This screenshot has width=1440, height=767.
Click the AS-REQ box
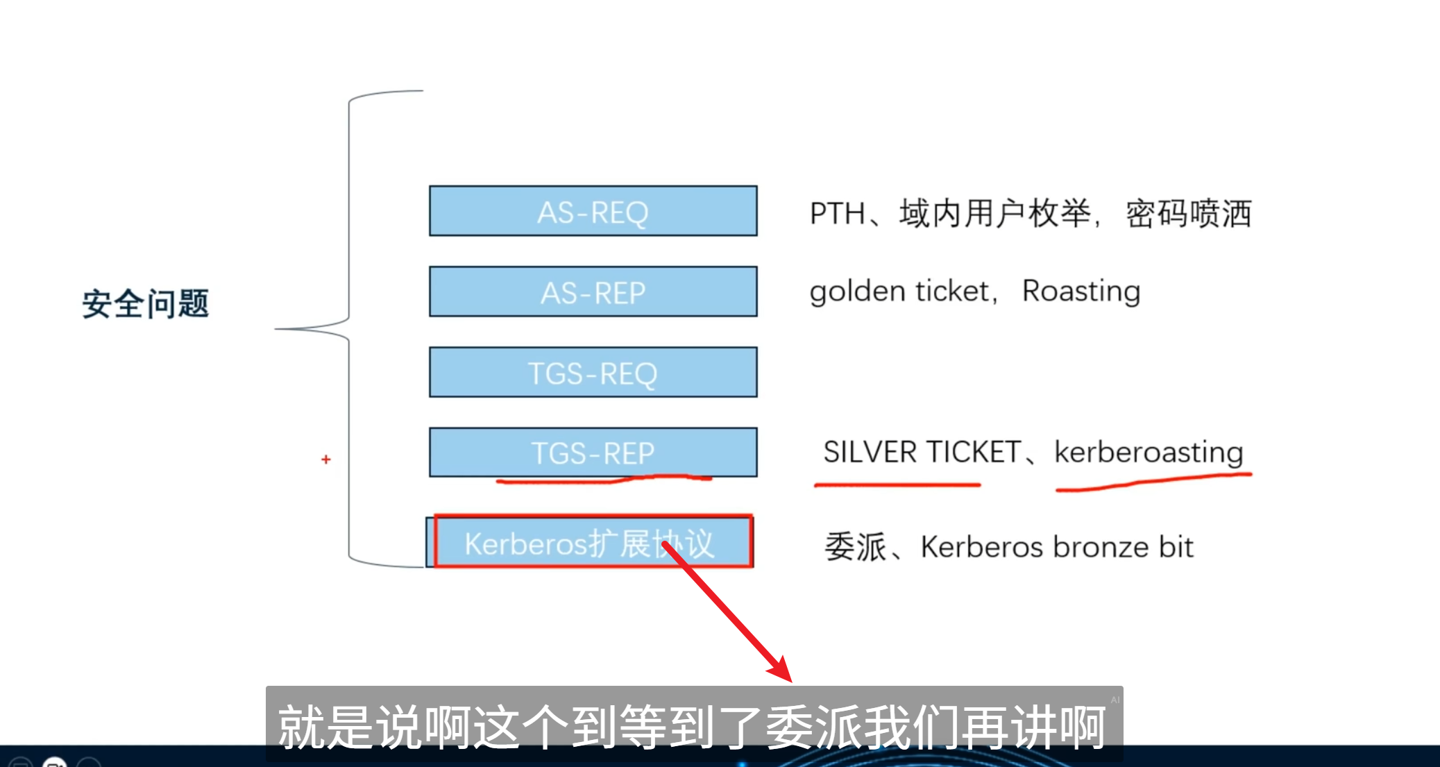[593, 211]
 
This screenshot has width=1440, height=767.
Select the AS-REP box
[593, 292]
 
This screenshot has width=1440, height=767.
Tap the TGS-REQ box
[593, 372]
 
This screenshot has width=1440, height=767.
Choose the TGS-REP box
[593, 452]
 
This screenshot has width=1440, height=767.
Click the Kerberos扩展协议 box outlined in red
[593, 542]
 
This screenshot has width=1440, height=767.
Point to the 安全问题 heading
[145, 303]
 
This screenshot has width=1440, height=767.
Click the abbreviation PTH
[836, 213]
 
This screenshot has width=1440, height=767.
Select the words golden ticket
[899, 291]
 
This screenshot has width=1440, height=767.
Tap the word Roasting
[1081, 291]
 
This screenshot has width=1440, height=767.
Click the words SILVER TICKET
[922, 452]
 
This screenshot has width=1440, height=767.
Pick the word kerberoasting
[1149, 452]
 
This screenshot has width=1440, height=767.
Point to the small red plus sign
[325, 460]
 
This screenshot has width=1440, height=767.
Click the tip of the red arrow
[789, 680]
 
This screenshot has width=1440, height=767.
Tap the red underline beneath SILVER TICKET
[897, 484]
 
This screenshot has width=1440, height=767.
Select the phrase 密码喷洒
[1188, 213]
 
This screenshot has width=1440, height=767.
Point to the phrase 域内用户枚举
[994, 213]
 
